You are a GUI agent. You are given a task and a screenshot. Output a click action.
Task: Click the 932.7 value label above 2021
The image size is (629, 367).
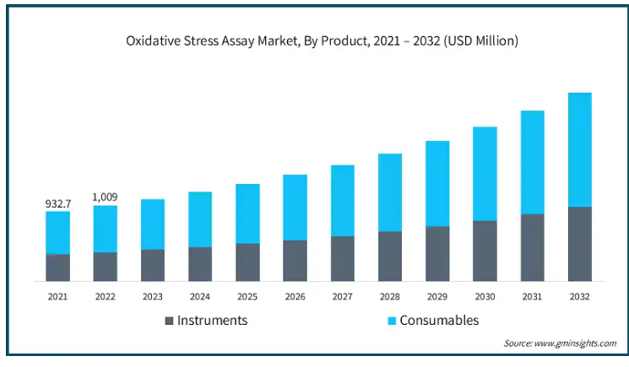(x=57, y=203)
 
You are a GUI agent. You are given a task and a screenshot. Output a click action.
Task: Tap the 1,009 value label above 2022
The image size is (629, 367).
(x=105, y=197)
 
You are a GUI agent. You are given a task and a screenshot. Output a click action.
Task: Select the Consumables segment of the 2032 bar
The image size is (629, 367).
(x=579, y=149)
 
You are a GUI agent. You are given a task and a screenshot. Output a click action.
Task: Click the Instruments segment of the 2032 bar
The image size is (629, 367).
(x=579, y=244)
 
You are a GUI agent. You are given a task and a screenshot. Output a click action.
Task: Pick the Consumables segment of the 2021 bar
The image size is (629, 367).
(x=57, y=232)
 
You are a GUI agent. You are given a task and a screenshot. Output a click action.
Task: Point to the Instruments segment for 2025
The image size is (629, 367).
(x=247, y=262)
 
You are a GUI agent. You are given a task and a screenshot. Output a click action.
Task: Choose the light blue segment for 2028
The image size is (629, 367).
(x=389, y=192)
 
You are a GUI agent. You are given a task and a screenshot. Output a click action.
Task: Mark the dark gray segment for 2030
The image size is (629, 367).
(x=485, y=251)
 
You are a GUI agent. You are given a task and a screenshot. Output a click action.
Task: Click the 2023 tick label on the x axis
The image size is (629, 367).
(x=152, y=296)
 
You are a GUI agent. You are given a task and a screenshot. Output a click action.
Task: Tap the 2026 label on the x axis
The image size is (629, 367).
(x=295, y=296)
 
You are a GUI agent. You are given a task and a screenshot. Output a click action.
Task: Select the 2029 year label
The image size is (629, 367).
(x=437, y=296)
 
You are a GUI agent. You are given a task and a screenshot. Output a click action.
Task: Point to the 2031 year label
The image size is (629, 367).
(x=532, y=296)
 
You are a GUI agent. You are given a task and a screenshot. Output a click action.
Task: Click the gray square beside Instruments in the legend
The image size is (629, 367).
(x=169, y=321)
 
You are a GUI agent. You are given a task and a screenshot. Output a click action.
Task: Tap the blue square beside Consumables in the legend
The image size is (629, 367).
(x=391, y=321)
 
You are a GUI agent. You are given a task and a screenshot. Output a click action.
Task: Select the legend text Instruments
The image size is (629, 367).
(x=212, y=321)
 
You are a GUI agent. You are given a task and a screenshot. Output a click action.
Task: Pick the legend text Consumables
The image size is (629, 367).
(x=439, y=321)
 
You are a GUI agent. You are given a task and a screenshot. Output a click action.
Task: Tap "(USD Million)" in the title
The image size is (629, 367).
(x=476, y=40)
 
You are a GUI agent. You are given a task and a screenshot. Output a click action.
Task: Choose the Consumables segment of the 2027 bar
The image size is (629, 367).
(x=342, y=201)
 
